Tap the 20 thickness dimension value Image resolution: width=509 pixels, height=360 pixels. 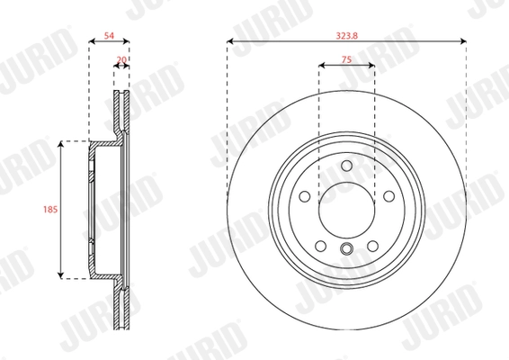click(121, 61)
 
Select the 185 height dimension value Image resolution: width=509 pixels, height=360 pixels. click(49, 209)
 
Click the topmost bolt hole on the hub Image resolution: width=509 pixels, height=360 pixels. click(346, 164)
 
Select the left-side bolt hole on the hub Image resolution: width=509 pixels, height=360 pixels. click(305, 194)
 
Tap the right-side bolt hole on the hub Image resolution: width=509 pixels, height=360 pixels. click(388, 194)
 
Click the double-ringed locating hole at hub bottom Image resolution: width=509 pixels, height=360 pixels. click(346, 250)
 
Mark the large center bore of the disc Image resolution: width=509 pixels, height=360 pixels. click(346, 208)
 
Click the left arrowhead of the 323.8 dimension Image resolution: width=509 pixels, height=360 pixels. click(230, 41)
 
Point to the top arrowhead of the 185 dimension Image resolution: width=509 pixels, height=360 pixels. click(61, 144)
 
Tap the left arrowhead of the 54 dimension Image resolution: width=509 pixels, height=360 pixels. click(92, 41)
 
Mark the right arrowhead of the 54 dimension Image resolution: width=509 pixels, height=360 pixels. click(129, 41)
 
